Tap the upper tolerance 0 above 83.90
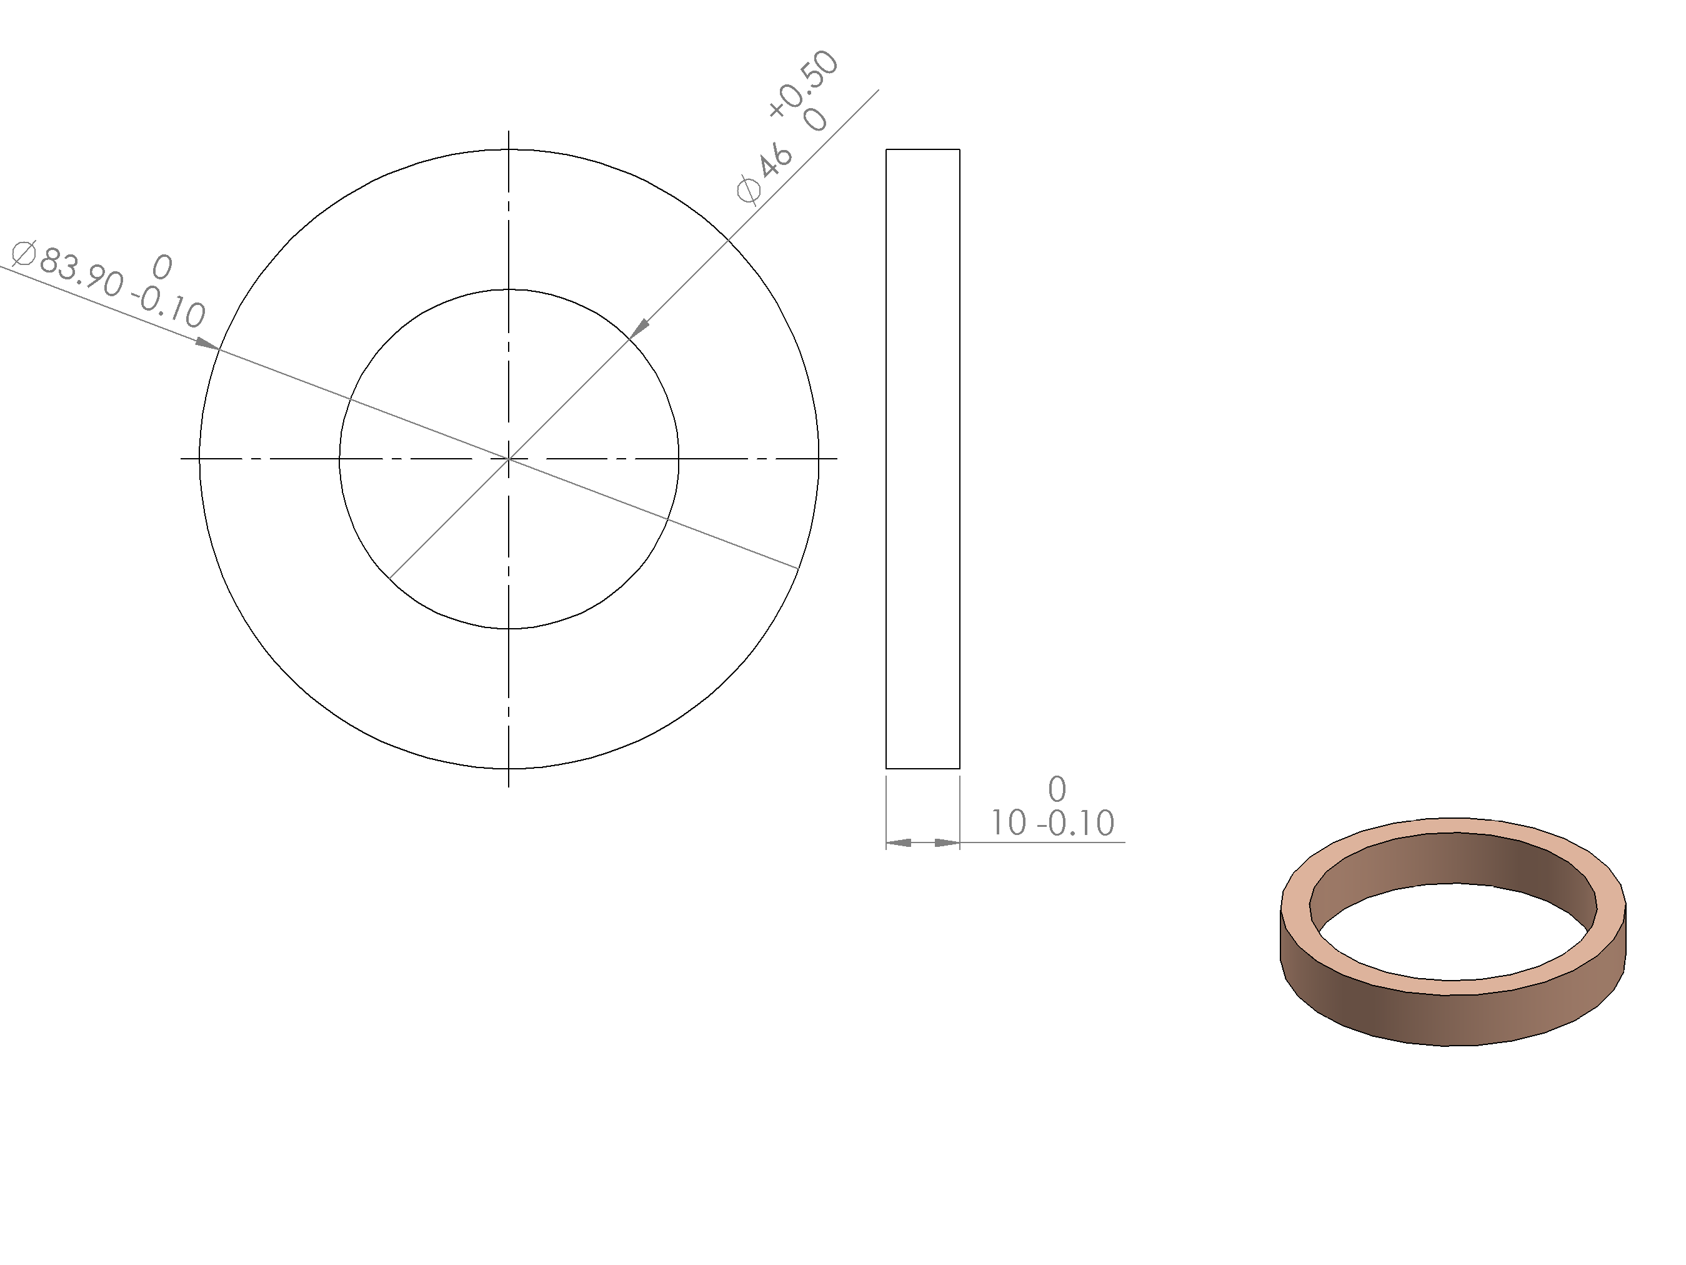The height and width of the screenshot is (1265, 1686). click(162, 267)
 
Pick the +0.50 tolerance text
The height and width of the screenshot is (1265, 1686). click(802, 84)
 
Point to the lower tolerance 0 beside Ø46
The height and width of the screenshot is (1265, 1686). click(816, 120)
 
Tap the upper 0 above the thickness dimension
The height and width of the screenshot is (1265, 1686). click(1057, 788)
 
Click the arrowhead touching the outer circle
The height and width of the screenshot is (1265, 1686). click(207, 344)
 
